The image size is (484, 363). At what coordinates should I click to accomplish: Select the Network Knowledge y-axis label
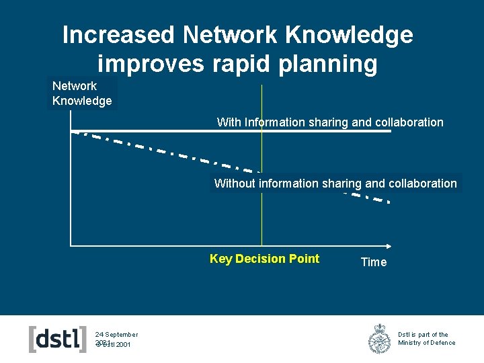pos(82,93)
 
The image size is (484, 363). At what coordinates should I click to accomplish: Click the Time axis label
pos(374,262)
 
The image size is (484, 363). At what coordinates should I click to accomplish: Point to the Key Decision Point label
pos(264,259)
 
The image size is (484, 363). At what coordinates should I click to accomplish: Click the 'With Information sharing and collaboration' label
pos(330,122)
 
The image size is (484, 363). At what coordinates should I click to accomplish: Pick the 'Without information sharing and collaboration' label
pos(335,184)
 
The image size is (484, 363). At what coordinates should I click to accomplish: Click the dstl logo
pos(58,339)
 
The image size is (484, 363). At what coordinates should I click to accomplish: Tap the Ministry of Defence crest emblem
pos(379,339)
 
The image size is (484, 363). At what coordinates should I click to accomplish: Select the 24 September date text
pos(116,334)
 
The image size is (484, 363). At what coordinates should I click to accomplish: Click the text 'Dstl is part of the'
pos(423,334)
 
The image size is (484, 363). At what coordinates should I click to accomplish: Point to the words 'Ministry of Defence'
pos(426,343)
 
